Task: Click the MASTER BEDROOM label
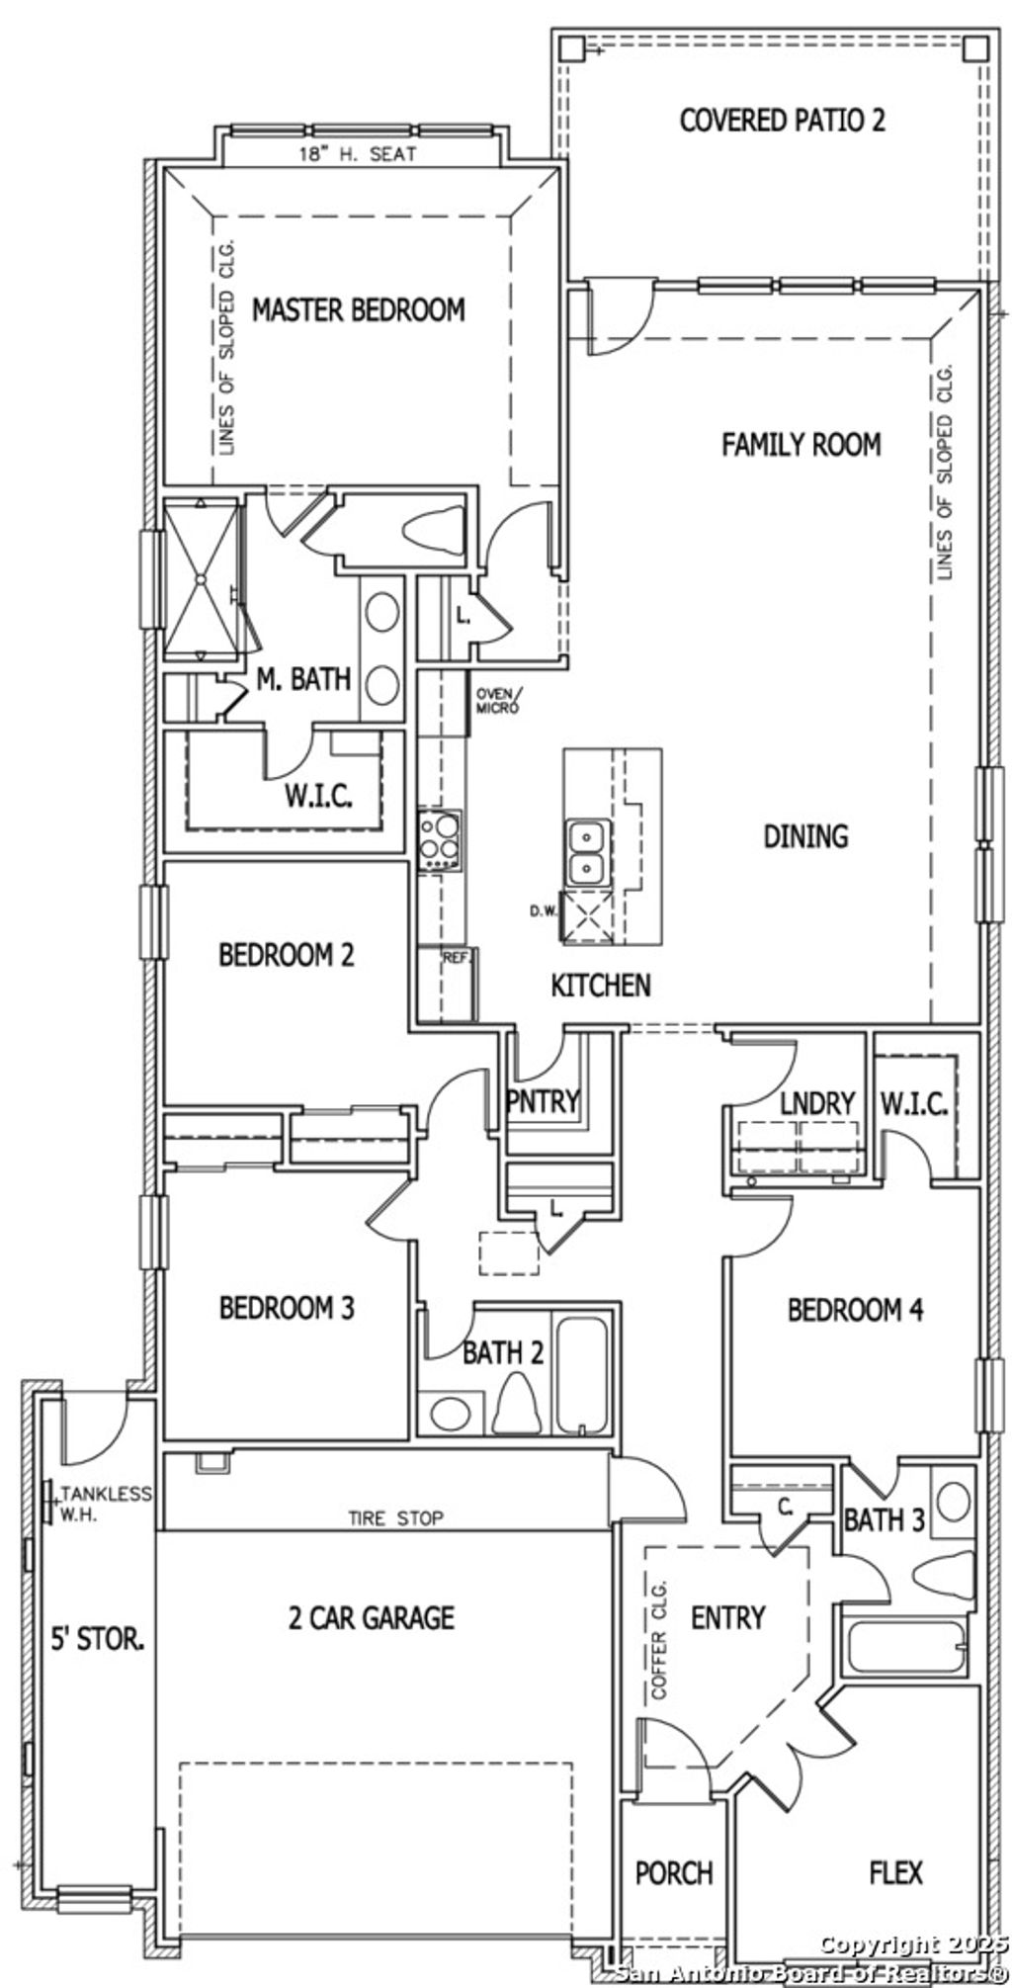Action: pos(358,309)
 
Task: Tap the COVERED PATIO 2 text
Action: pos(782,121)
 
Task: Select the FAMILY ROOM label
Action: pos(801,445)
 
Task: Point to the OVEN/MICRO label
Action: pos(496,701)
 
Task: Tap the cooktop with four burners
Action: pos(440,840)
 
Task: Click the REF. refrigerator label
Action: pos(457,957)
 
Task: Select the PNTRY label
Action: pos(542,1101)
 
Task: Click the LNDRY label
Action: pos(816,1103)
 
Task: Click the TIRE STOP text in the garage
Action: pos(395,1517)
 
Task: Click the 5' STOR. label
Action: pos(98,1640)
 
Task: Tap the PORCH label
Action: pos(674,1872)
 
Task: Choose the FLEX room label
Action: pos(896,1871)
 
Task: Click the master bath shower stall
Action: pos(201,580)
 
